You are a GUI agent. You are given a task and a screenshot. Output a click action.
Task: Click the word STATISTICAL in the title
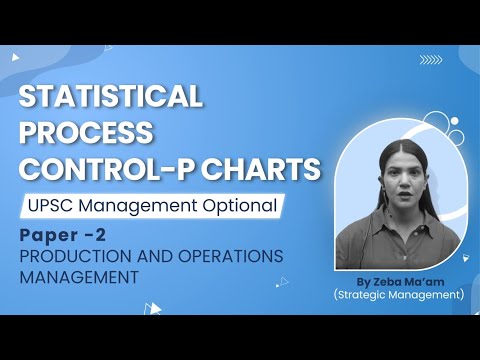pos(110,98)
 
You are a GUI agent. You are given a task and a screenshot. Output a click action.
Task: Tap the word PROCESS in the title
pos(86,134)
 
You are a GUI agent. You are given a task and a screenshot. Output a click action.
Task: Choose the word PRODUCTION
pos(68,257)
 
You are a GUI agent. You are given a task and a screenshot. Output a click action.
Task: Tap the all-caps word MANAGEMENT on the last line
pos(78,277)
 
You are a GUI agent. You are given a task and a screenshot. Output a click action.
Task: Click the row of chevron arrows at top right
pos(431,59)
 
